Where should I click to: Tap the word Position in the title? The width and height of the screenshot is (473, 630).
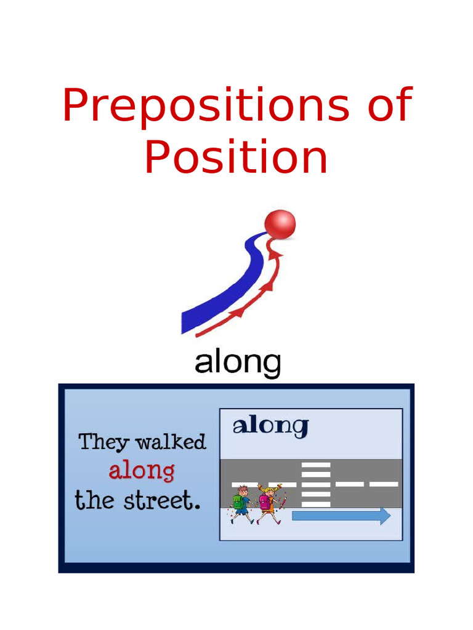(x=236, y=157)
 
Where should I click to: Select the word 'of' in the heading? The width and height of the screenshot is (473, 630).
(x=389, y=105)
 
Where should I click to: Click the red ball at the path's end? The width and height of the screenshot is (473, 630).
(x=280, y=225)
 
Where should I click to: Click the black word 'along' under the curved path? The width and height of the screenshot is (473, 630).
(x=238, y=364)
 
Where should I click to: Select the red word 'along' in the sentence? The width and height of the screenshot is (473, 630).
(x=142, y=472)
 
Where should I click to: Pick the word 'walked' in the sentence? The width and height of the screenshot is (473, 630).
(x=171, y=442)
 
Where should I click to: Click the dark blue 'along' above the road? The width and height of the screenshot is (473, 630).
(x=270, y=426)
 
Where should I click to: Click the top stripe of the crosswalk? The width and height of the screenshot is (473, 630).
(x=316, y=465)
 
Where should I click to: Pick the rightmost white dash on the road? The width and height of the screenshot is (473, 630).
(x=384, y=484)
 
